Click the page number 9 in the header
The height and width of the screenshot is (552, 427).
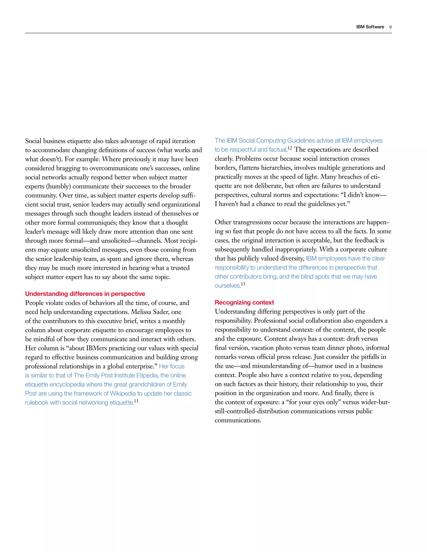[390, 27]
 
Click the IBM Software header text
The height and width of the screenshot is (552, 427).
[370, 27]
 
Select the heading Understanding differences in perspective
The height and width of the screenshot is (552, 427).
[85, 294]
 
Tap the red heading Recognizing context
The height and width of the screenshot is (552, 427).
[244, 302]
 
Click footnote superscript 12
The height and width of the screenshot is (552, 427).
[290, 148]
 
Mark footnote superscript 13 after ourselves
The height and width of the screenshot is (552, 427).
[243, 284]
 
